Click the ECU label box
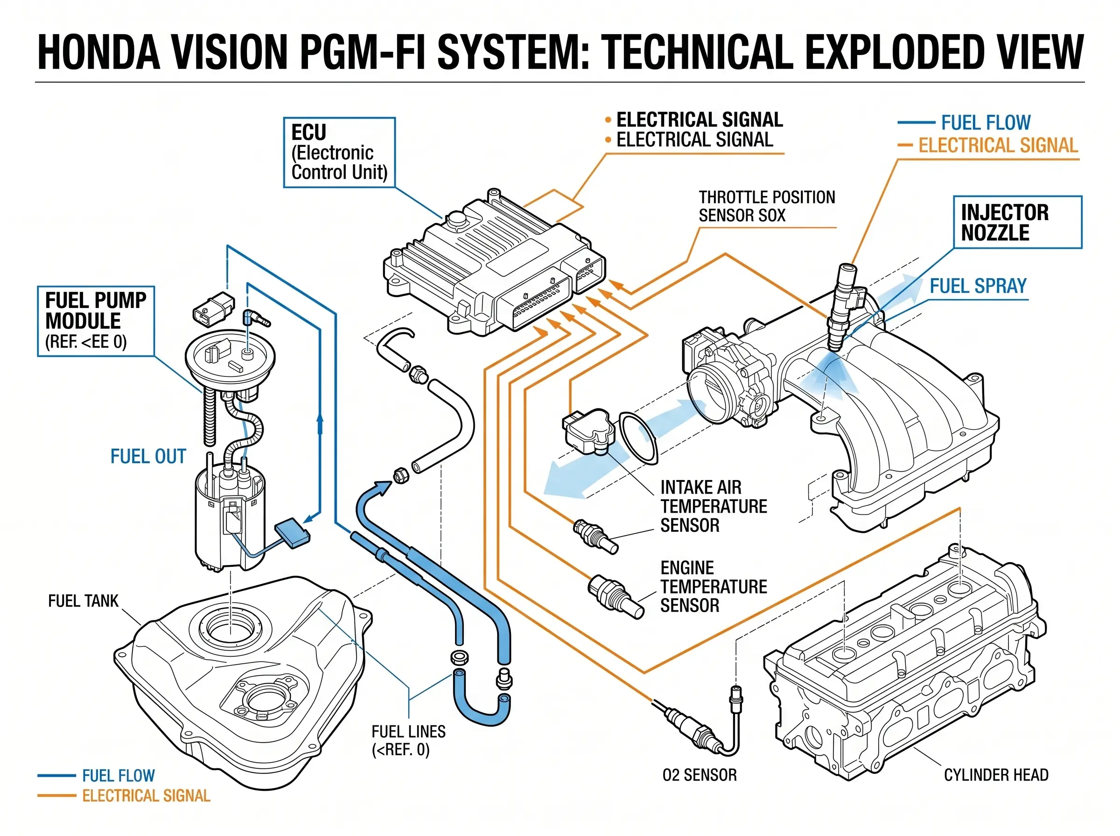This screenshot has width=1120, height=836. pos(339,153)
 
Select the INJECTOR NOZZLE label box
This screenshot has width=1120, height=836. pos(1017,222)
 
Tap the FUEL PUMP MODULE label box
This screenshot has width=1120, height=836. pos(96,321)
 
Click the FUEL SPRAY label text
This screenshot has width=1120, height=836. pos(978,286)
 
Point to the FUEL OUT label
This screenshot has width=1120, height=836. pos(148,456)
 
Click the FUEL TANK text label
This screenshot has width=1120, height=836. pos(83,601)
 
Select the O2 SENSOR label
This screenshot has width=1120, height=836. pos(700,775)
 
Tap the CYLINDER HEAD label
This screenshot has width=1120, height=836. pos(996,775)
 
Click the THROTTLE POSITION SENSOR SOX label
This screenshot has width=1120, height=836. pos(766,206)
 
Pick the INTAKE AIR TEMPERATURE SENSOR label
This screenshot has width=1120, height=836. pos(713,506)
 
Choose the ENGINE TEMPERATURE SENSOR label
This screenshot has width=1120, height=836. pos(713,586)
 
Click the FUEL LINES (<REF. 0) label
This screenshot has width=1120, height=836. pos(408,740)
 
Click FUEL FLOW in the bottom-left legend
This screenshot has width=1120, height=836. pos(118,776)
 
